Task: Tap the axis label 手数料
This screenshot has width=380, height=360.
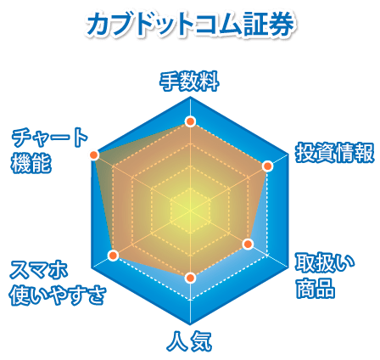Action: click(x=190, y=82)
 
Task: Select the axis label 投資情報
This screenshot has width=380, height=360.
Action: click(x=335, y=153)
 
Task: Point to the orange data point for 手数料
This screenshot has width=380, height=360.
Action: click(x=190, y=121)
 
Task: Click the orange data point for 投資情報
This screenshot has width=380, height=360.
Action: click(x=267, y=166)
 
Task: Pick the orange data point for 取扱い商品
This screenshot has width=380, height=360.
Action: click(x=248, y=244)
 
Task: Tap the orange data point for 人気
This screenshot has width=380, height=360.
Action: click(x=190, y=278)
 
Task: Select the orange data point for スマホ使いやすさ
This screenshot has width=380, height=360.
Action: click(x=113, y=256)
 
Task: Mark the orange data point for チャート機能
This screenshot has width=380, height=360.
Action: click(x=93, y=155)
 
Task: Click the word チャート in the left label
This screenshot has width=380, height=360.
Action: click(x=50, y=138)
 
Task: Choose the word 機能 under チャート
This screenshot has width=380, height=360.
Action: click(x=31, y=164)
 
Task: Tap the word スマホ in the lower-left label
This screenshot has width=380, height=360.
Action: click(x=39, y=269)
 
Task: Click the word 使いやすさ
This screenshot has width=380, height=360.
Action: click(x=58, y=295)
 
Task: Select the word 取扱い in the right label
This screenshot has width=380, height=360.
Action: click(x=325, y=262)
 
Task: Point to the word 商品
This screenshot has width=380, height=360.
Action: click(x=316, y=289)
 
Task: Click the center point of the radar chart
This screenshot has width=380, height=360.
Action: click(x=190, y=211)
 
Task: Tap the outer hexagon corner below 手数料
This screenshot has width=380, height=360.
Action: click(x=190, y=97)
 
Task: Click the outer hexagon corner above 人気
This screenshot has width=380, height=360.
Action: click(x=190, y=324)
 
